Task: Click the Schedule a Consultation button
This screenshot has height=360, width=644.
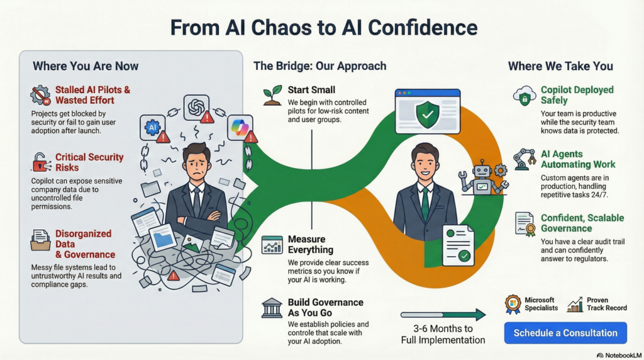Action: pos(565,332)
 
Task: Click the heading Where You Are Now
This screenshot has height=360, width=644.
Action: pos(86,66)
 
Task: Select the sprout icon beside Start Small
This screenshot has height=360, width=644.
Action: pos(272,95)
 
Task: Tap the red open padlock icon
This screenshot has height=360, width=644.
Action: pos(41,162)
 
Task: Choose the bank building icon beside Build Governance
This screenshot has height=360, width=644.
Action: pos(272,308)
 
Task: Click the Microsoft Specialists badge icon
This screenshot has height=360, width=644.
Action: pos(513,305)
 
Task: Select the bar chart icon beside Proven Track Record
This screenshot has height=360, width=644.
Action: pos(575,305)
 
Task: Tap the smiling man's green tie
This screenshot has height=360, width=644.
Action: pos(425,203)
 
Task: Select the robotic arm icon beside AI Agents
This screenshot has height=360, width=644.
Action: pos(524,159)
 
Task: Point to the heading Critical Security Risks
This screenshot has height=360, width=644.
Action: pos(89,162)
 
